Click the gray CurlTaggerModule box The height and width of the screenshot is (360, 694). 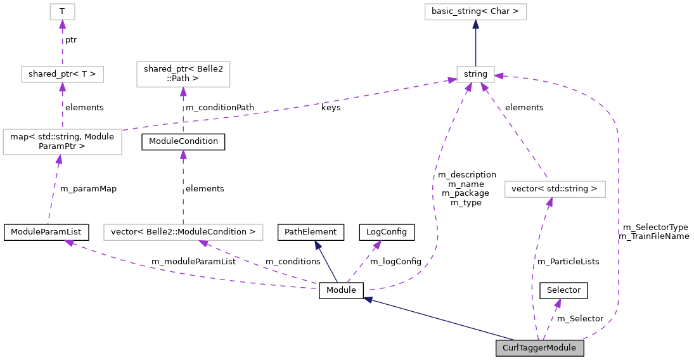coord(539,348)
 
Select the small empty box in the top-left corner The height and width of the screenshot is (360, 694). coord(62,11)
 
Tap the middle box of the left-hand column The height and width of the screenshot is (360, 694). coord(62,74)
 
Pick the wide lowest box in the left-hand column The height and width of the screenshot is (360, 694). coord(62,142)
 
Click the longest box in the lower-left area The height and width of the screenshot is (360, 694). coord(183,233)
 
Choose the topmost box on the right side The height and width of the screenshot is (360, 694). coord(475,11)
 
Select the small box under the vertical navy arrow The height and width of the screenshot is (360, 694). coord(475,74)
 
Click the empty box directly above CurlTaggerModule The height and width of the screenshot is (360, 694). coord(555,189)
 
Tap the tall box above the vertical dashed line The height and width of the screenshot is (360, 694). coord(183,74)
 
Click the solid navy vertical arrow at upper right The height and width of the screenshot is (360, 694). coord(475,44)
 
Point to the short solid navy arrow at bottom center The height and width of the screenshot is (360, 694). coord(326,262)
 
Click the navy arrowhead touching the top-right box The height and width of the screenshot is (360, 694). coord(475,25)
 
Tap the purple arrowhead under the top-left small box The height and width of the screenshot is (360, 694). coord(62,25)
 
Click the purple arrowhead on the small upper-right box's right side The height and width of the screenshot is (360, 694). coord(499,76)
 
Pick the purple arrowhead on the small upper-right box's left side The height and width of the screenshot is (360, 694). coord(451,80)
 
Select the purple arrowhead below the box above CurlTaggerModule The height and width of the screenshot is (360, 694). coord(549,202)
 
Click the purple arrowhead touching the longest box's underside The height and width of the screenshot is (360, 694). coord(203,243)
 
